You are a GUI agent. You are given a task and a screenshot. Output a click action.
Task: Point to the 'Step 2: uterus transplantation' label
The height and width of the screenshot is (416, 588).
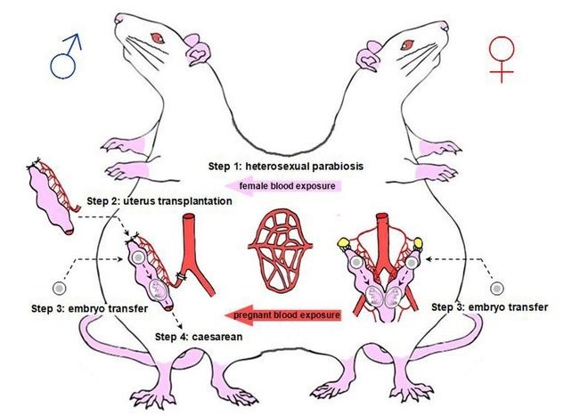160,202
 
